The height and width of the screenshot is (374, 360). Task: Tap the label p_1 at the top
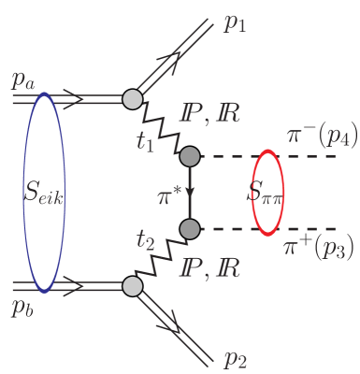(237, 24)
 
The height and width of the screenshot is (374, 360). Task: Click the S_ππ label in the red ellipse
(266, 194)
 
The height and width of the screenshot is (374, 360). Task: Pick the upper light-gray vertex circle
(133, 96)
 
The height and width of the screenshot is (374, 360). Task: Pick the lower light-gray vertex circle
(133, 285)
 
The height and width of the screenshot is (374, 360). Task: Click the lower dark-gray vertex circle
(190, 228)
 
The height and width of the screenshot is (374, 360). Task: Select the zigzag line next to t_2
(161, 257)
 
